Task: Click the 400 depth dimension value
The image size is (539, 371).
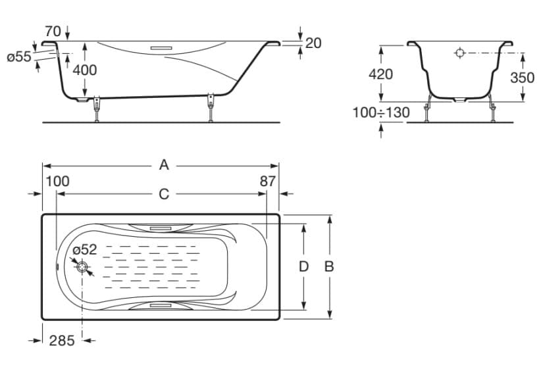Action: click(x=84, y=70)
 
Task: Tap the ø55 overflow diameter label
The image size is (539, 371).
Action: click(x=19, y=57)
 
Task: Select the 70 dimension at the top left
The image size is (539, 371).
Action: click(x=53, y=32)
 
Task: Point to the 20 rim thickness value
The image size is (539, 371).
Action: click(x=313, y=43)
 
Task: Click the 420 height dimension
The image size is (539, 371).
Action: click(x=380, y=74)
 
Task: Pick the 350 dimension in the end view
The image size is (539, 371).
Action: click(x=522, y=78)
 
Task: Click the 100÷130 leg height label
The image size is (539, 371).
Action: click(x=382, y=112)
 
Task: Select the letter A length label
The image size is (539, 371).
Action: click(x=164, y=165)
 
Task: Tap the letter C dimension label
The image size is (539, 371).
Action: click(x=164, y=195)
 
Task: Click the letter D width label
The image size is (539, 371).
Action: click(x=303, y=266)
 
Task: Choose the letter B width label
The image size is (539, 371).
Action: click(x=329, y=266)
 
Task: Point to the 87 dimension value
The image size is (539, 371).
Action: click(x=268, y=181)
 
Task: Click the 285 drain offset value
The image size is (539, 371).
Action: click(x=62, y=341)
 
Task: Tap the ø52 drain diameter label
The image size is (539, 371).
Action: click(x=85, y=249)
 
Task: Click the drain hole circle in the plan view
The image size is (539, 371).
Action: click(x=82, y=267)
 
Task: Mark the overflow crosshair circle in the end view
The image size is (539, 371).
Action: click(x=459, y=53)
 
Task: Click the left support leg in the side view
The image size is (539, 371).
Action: click(x=97, y=109)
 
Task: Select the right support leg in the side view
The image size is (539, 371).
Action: click(x=211, y=107)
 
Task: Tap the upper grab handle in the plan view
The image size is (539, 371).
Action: click(x=161, y=228)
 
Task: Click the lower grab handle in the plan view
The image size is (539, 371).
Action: click(x=161, y=305)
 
